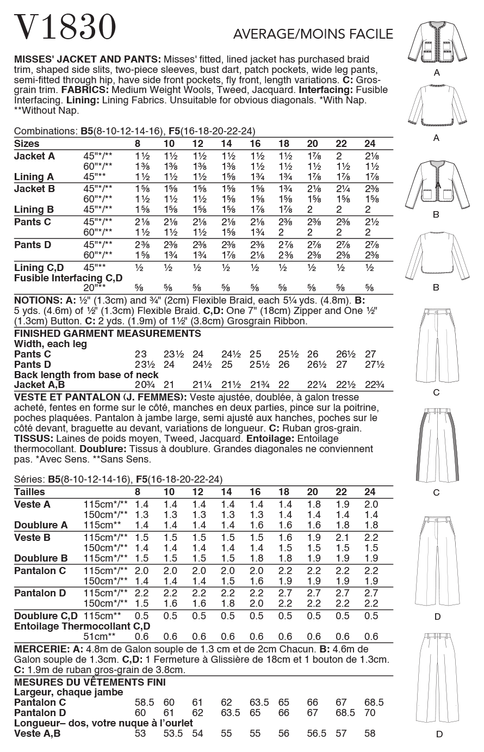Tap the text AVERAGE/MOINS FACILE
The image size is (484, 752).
pos(313,34)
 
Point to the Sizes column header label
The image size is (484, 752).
pos(27,144)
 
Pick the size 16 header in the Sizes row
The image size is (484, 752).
pos(255,144)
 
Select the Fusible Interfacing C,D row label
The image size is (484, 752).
pos(68,278)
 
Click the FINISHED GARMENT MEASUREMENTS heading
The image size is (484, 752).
pos(107,334)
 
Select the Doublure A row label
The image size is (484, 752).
pos(41,525)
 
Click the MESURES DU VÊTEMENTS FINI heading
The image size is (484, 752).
pos(90,682)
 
